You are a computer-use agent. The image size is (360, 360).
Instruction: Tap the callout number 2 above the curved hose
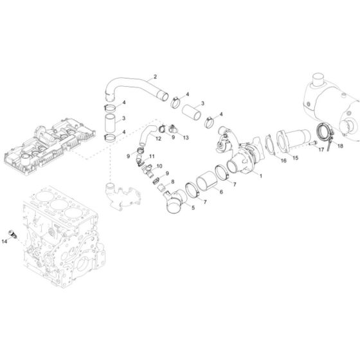tap(154, 76)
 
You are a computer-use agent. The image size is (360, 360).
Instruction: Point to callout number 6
tap(221, 192)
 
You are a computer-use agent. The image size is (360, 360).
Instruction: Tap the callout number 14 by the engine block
tap(5, 241)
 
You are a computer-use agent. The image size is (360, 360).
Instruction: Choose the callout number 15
tap(295, 157)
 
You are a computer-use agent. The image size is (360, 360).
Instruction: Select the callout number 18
tap(340, 147)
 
